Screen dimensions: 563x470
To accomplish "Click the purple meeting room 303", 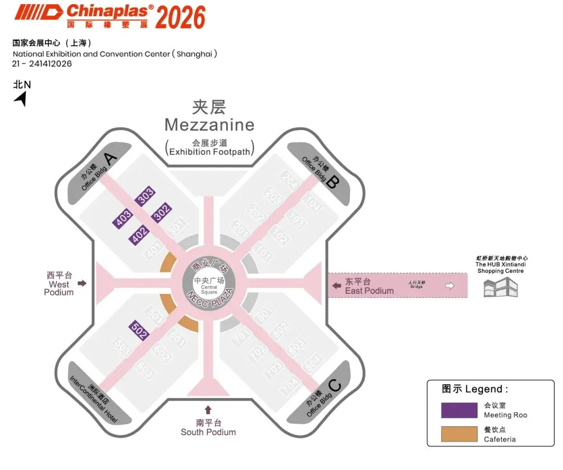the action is (145, 196).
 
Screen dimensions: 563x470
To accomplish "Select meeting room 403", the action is (123, 218).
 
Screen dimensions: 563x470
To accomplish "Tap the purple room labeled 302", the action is (162, 213).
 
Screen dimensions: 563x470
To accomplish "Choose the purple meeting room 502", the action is (139, 331).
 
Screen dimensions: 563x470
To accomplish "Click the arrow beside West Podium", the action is (82, 283).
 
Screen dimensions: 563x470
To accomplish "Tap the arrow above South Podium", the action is (208, 410).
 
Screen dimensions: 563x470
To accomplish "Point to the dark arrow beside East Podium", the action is (337, 285).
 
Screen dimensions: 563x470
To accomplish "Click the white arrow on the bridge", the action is (450, 285).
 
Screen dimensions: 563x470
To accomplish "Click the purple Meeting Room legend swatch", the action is (459, 410).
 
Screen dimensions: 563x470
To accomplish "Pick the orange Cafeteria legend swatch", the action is (459, 434).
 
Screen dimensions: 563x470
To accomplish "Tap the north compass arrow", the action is (21, 98).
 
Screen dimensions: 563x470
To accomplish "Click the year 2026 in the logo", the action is (180, 18).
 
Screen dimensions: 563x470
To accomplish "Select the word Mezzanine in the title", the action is (210, 125).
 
